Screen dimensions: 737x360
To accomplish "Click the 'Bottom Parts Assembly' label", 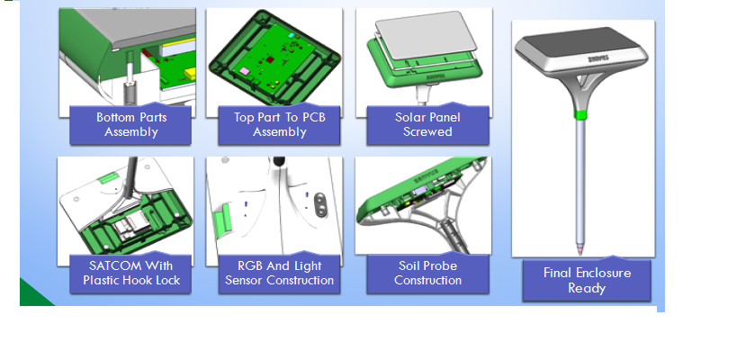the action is click(x=130, y=124).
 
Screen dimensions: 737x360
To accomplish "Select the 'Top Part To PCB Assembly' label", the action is click(x=279, y=124).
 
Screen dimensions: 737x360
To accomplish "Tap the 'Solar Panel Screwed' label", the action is click(x=427, y=124).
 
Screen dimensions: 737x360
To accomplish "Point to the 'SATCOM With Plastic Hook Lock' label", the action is click(x=130, y=273).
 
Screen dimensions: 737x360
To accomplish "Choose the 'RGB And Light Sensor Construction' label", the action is click(x=279, y=273).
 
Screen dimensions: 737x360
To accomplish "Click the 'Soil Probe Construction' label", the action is click(x=427, y=273).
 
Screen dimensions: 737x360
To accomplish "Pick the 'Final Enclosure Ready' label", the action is click(x=587, y=280).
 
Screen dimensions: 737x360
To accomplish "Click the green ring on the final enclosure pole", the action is click(x=581, y=114).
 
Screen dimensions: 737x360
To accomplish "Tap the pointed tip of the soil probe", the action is click(x=580, y=252).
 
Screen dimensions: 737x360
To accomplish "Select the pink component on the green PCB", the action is click(x=245, y=71).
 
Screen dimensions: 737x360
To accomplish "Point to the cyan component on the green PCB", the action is click(x=291, y=35).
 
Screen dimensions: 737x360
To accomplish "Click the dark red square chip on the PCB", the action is click(x=270, y=59).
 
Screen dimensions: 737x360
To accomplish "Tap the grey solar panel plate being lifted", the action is click(x=426, y=34).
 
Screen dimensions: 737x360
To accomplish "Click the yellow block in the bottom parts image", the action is click(x=191, y=74).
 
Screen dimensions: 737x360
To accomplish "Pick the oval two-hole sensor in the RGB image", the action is click(x=319, y=205).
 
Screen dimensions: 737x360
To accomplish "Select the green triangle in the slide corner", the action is click(x=34, y=293).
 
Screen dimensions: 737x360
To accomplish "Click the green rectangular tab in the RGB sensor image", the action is click(x=221, y=221).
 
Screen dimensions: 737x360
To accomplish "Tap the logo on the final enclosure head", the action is click(x=598, y=58).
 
